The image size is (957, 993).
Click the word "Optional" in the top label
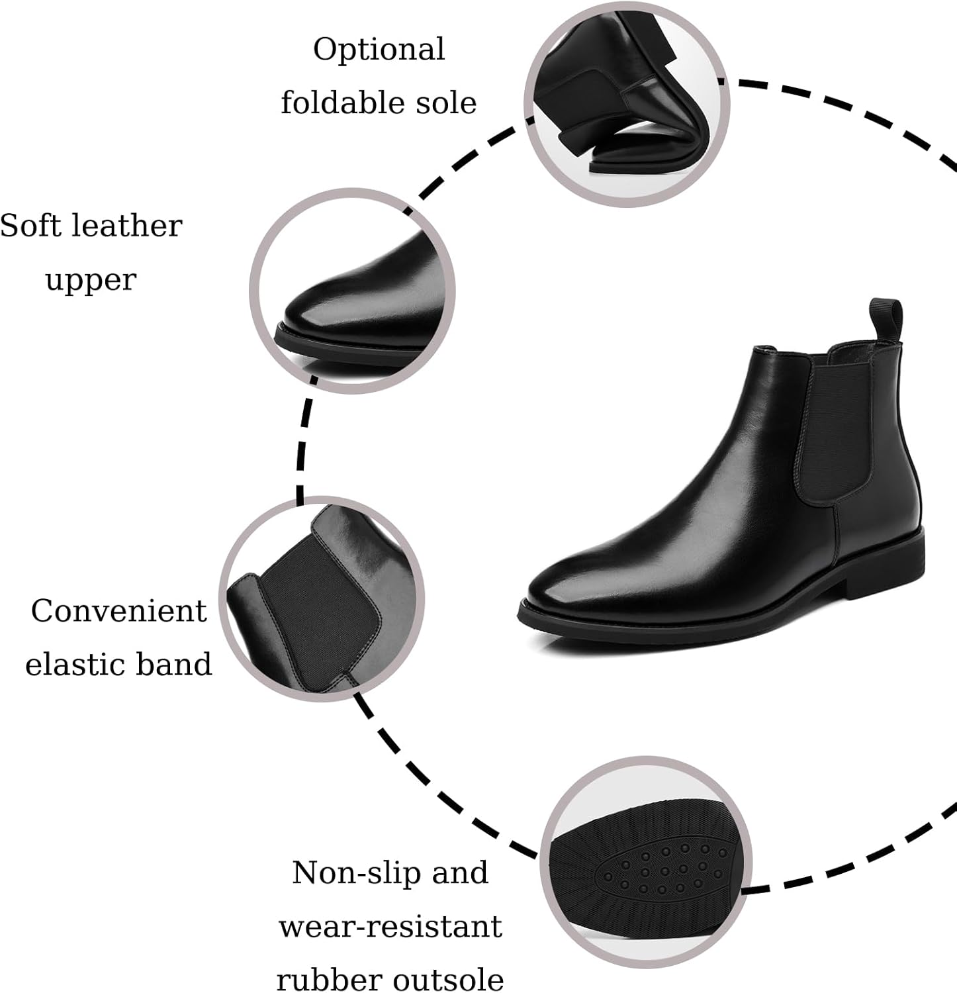tap(379, 50)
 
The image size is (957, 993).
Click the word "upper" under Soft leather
tap(91, 281)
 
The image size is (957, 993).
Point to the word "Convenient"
tap(119, 610)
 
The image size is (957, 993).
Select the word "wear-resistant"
tap(390, 926)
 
